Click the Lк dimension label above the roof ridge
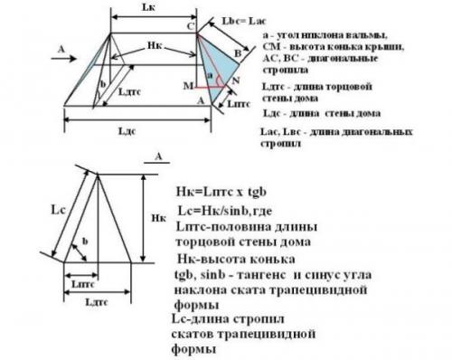click(x=155, y=8)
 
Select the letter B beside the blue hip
click(x=238, y=53)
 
